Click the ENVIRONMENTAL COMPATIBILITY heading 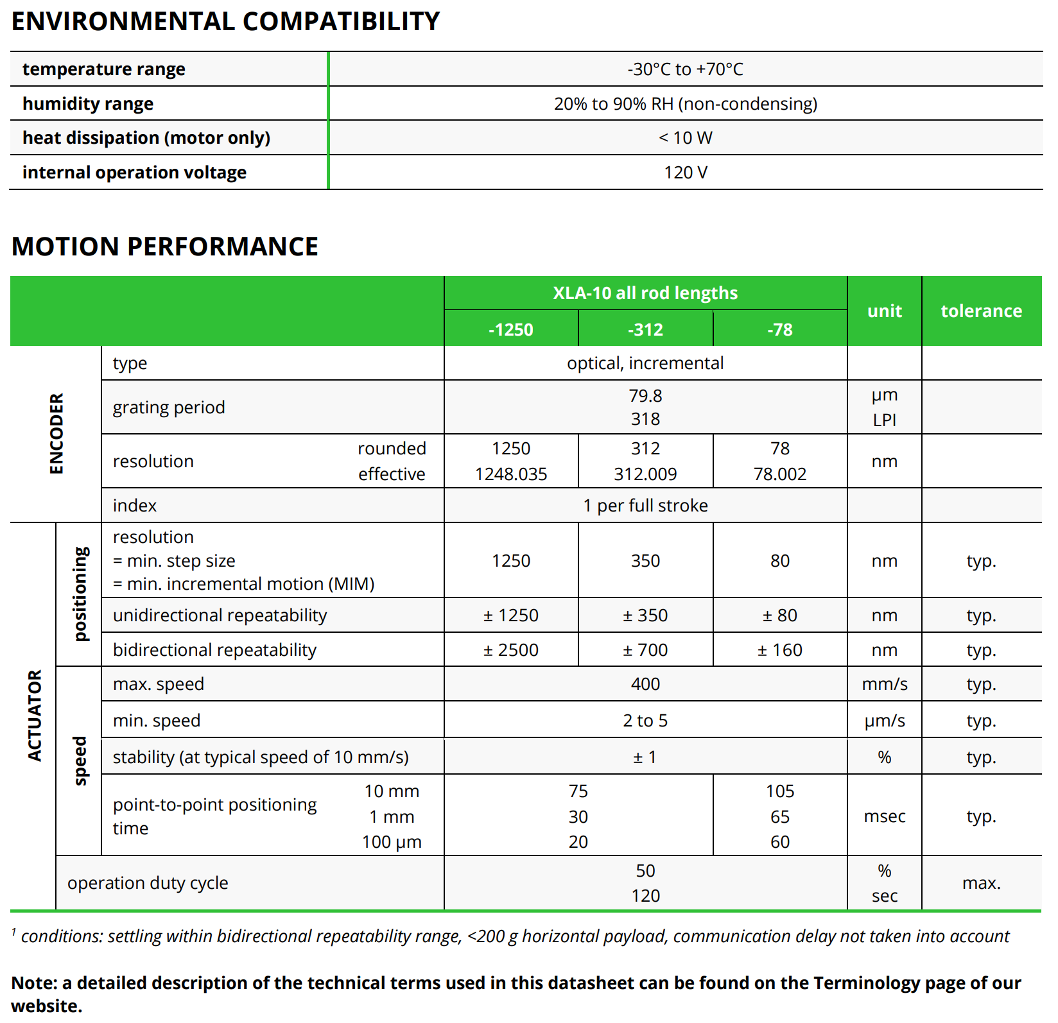tap(225, 21)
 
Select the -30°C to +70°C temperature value tap(685, 69)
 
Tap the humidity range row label tap(88, 104)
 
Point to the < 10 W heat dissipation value tap(685, 138)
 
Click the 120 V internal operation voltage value tap(685, 173)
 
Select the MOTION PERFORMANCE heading tap(165, 246)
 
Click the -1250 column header tap(511, 329)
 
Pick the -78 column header tap(780, 329)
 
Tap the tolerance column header tap(981, 311)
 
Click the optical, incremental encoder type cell tap(645, 363)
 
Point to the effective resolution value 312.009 tap(645, 474)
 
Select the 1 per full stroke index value tap(645, 506)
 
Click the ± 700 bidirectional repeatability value tap(645, 650)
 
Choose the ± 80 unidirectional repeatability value tap(780, 615)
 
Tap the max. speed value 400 tap(645, 684)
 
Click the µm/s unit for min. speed tap(885, 721)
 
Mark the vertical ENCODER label tap(56, 434)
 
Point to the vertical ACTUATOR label tap(34, 716)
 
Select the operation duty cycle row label tap(148, 883)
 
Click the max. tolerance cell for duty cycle tap(981, 883)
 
